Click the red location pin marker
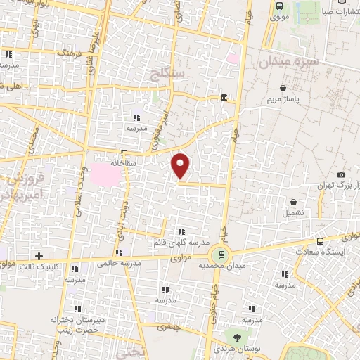[181, 165]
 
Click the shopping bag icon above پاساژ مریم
[283, 89]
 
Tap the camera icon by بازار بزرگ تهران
[342, 174]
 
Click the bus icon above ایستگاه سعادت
[321, 241]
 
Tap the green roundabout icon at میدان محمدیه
[223, 255]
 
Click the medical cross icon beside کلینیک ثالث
[39, 256]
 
